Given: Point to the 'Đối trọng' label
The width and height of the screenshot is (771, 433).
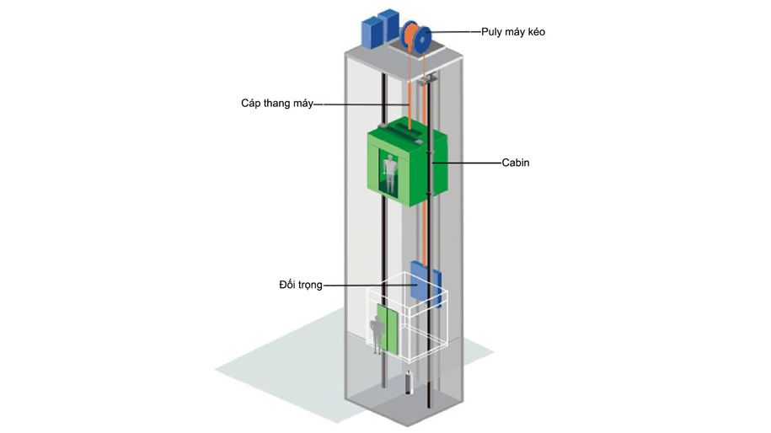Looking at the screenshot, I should [x=300, y=286].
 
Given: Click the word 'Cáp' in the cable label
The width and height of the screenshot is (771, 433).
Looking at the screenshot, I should [x=250, y=104].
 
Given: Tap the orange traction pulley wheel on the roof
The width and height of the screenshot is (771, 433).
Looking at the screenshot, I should [x=410, y=36].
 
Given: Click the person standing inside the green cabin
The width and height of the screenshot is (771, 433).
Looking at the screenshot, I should [x=388, y=171].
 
